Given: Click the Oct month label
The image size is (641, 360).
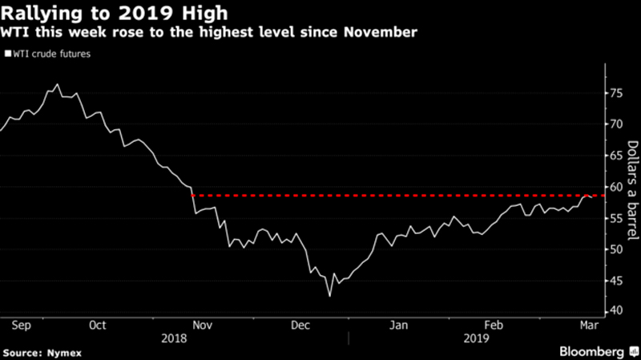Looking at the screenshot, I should click(x=98, y=325).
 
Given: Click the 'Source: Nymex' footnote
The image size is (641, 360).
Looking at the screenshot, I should click(x=42, y=352).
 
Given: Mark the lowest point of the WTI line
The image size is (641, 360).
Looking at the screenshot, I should click(x=330, y=296).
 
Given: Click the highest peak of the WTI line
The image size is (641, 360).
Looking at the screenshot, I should click(x=56, y=84).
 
